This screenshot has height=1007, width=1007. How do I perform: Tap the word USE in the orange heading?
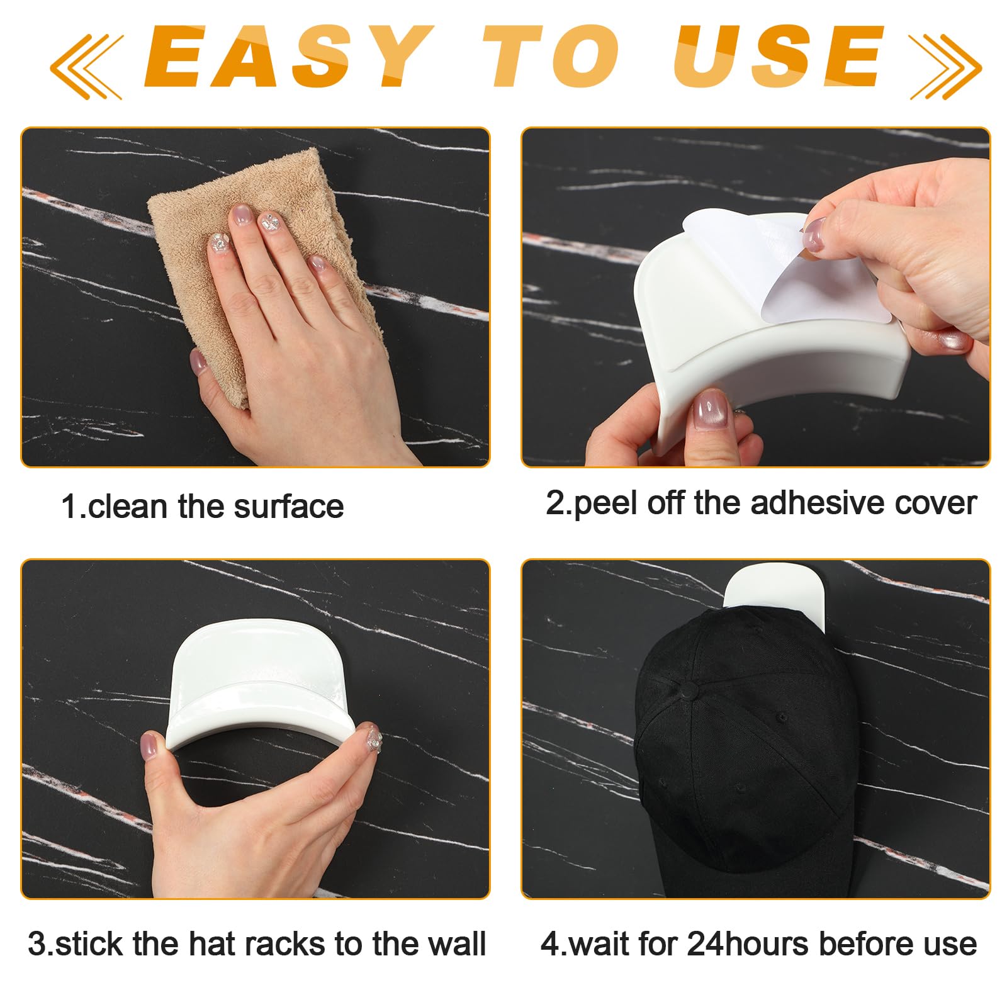[x=778, y=57]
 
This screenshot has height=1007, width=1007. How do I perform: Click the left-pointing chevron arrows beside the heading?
[x=87, y=66]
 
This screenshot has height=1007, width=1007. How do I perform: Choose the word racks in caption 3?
[x=286, y=944]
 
